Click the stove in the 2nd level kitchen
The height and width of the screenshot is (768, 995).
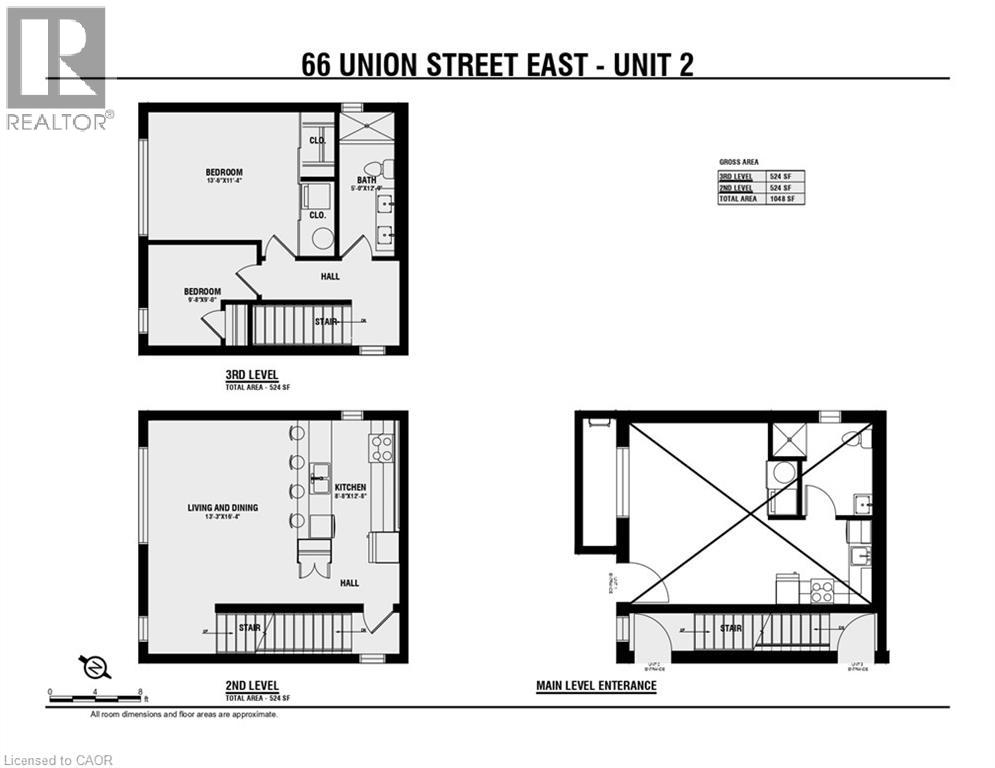[381, 449]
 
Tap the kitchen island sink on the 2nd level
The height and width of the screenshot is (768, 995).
[320, 471]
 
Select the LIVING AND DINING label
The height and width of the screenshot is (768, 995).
[222, 507]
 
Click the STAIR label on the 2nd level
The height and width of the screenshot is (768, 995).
[249, 628]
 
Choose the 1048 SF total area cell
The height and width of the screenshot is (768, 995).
[784, 199]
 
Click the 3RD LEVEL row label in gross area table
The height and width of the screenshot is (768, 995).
[733, 176]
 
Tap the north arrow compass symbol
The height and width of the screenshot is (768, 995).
[91, 666]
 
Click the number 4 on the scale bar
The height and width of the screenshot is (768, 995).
[95, 691]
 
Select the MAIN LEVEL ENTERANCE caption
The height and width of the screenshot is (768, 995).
[596, 686]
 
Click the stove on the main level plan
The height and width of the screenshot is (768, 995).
[821, 591]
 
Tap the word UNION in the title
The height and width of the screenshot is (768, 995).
[389, 65]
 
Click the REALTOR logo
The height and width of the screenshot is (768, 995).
[56, 67]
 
